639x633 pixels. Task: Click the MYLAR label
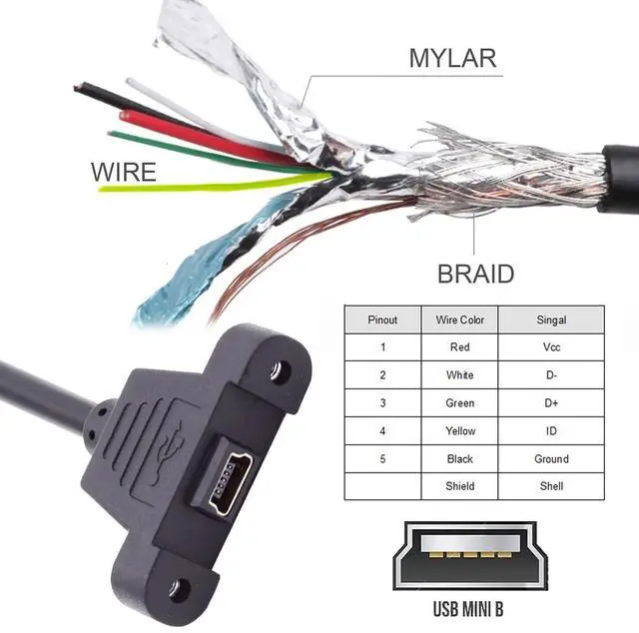pos(452,57)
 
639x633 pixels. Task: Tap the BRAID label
pos(475,274)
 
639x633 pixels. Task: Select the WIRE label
pos(124,172)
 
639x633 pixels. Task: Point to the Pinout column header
pos(382,319)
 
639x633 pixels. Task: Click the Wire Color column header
pos(459,319)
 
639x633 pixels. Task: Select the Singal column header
pos(550,319)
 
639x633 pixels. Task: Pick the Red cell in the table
pos(459,347)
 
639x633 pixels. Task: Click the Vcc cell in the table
pos(550,347)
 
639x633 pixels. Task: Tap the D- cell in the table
pos(550,375)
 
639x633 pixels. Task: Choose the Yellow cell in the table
pos(459,431)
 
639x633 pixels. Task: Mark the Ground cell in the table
pos(550,459)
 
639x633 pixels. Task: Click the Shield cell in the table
pos(459,486)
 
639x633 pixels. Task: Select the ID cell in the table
pos(550,431)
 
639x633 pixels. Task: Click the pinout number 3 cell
pos(382,403)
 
